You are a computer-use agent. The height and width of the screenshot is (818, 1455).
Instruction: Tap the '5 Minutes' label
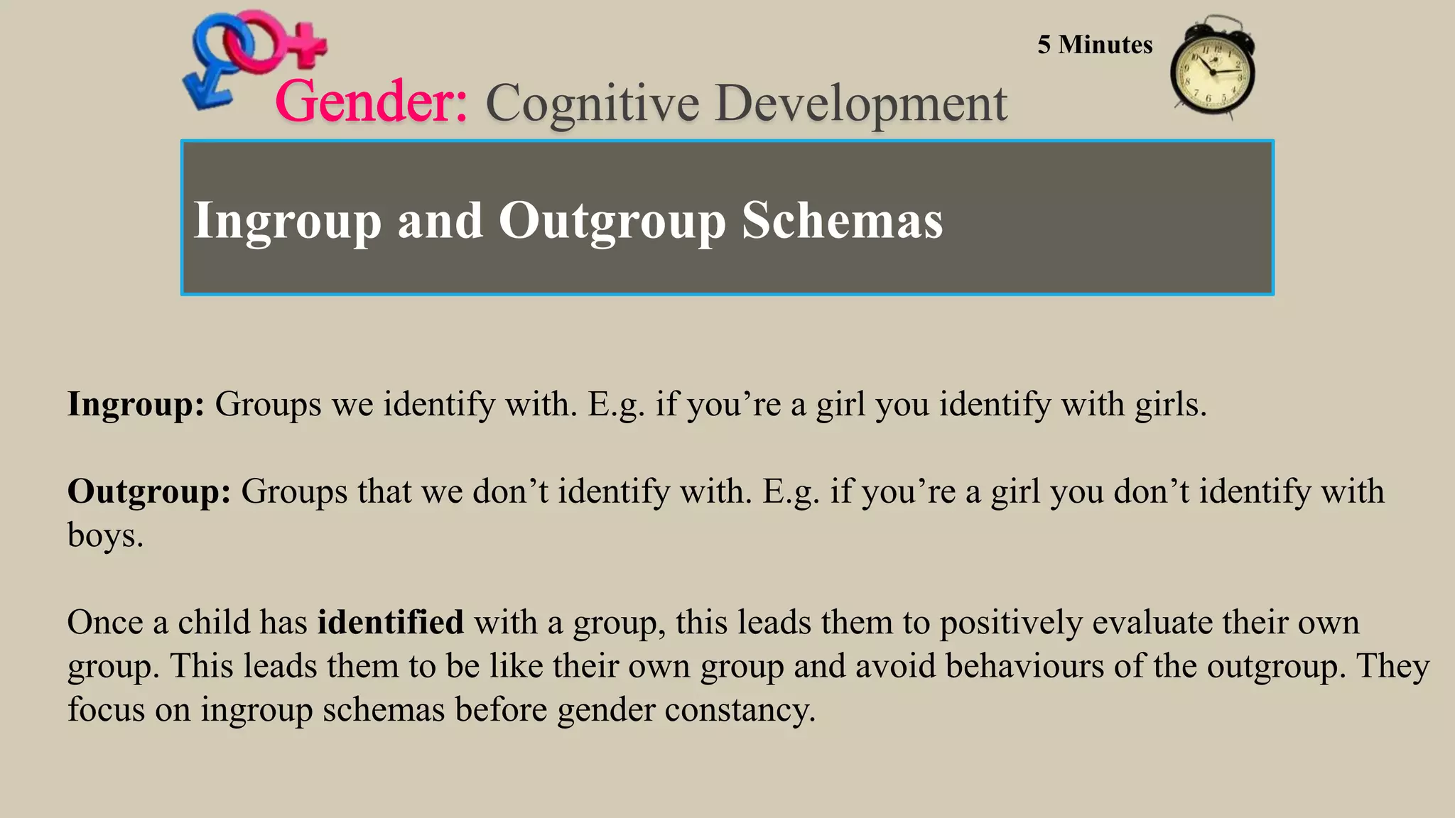point(1095,45)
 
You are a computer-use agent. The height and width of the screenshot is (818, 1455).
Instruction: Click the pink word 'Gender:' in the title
point(371,102)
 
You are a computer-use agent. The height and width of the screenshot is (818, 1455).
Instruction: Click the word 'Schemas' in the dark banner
point(842,220)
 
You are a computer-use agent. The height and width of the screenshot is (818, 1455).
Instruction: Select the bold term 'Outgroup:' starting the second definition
point(149,492)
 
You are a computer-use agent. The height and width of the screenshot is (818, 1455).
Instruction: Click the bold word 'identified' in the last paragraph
point(390,623)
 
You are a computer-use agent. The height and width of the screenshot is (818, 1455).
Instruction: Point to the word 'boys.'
point(105,535)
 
